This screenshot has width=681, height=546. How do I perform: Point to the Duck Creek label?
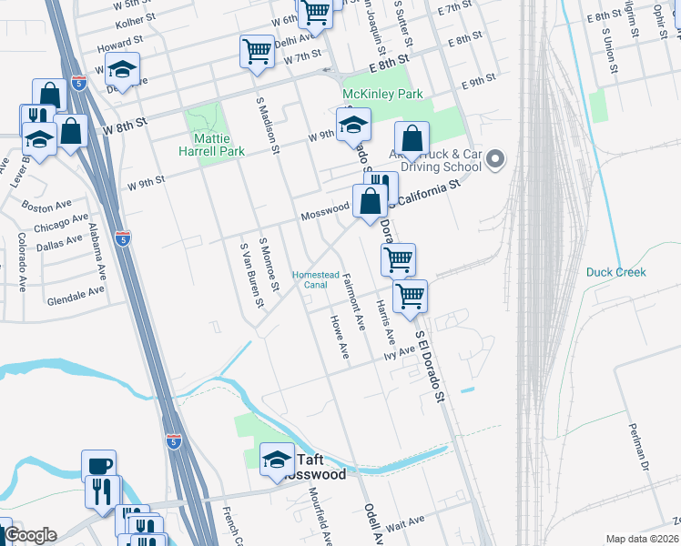pos(616,272)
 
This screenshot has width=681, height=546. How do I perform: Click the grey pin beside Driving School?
pos(496,160)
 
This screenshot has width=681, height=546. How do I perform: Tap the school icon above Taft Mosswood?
pos(278,459)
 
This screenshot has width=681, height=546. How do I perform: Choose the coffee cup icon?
pos(98,465)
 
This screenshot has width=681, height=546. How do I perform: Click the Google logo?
pos(30,535)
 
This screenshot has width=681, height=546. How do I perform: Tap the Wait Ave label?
pos(406,522)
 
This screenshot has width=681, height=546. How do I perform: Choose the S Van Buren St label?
pos(251,274)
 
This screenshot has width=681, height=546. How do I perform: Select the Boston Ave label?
pos(45,208)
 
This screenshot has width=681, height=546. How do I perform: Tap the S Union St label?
pos(608,50)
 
